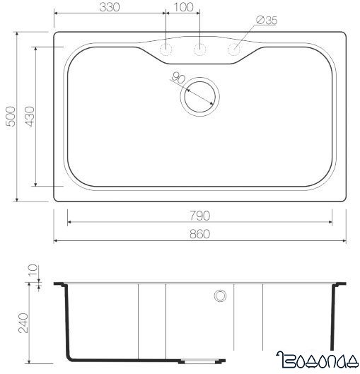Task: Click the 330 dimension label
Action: (x=109, y=7)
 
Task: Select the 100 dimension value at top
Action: (x=183, y=7)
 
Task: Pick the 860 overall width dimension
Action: (x=200, y=233)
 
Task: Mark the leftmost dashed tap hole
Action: (x=167, y=49)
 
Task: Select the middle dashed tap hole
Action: (x=201, y=49)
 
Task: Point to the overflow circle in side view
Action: (x=220, y=295)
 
